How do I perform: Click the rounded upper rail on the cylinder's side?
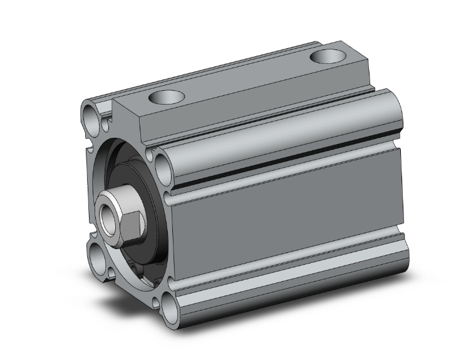click(282, 135)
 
